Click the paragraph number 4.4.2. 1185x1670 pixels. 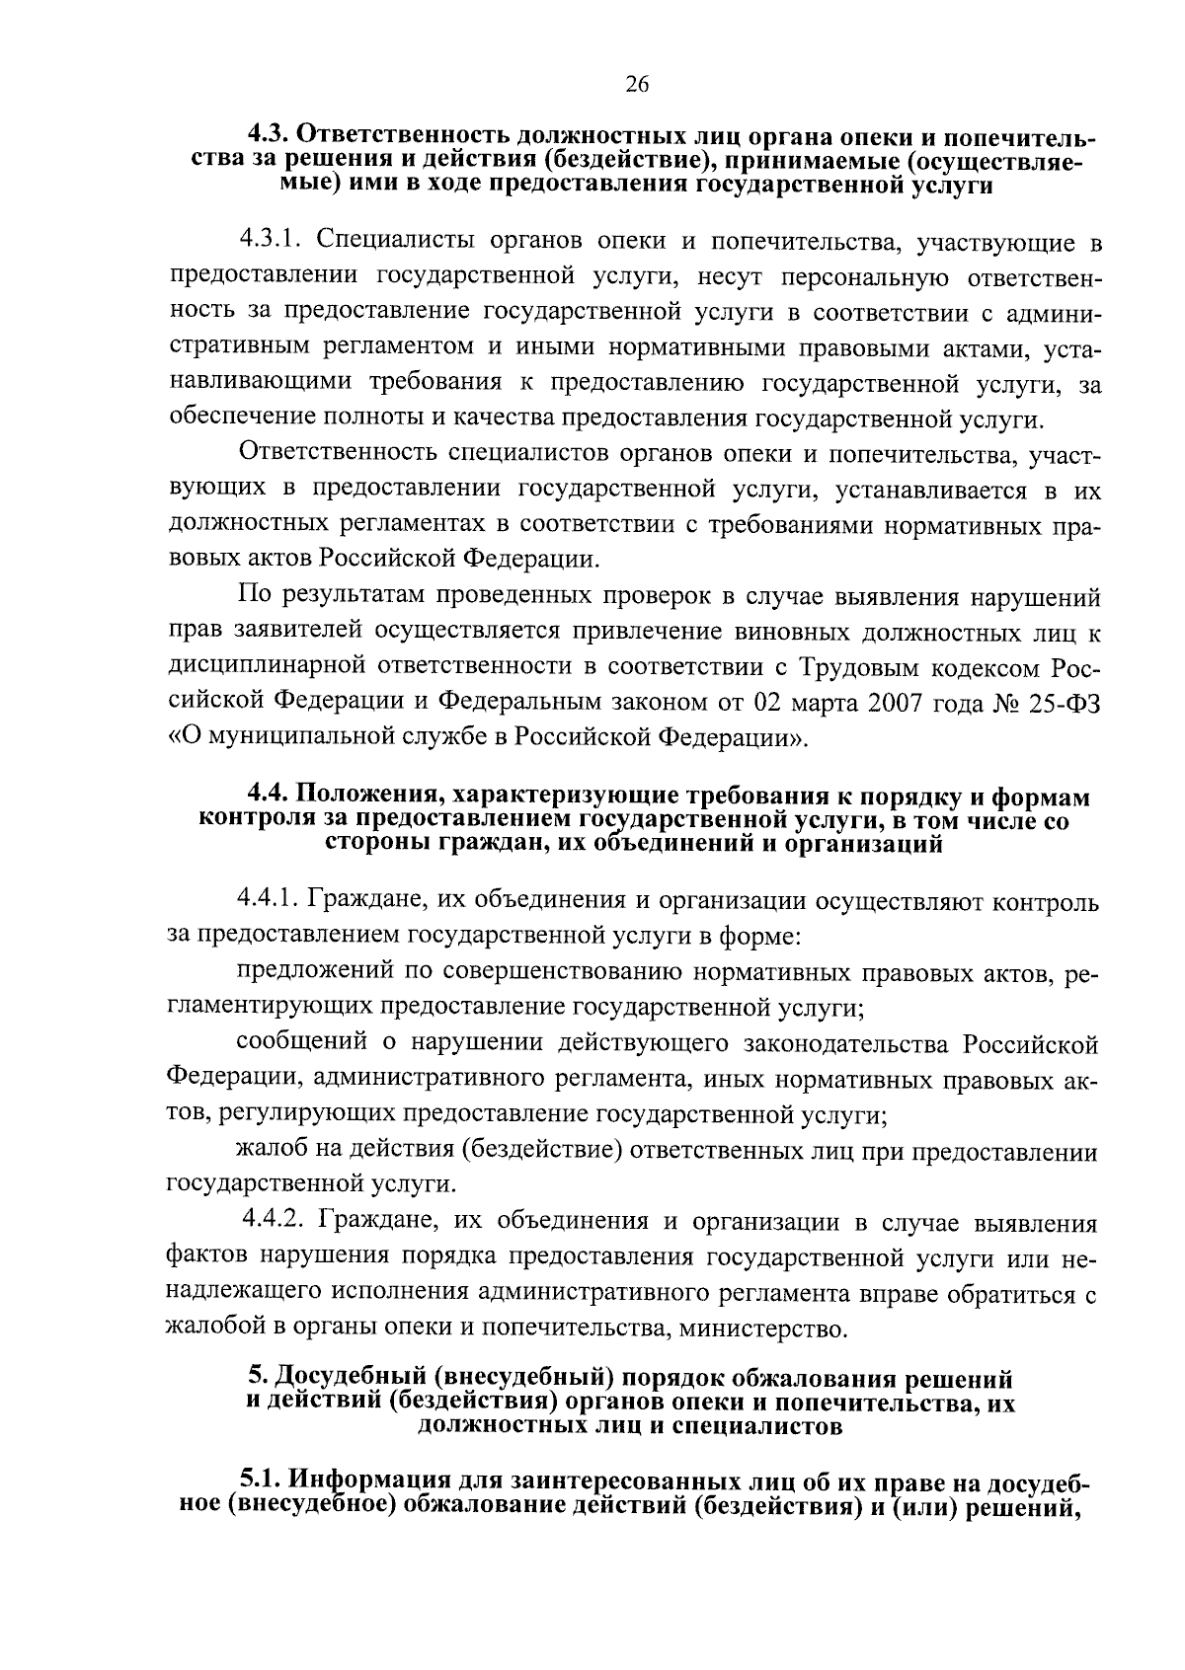click(274, 1223)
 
